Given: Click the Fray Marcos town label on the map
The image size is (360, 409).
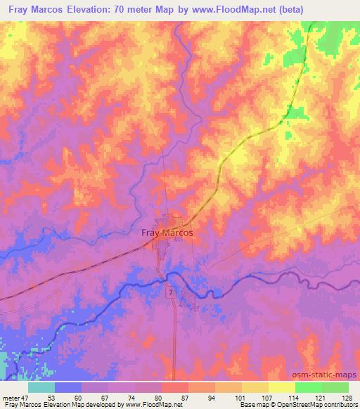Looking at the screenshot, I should [x=167, y=233].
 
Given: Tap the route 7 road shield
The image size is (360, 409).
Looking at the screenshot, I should [x=169, y=291].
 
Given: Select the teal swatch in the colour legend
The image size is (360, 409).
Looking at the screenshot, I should [x=41, y=387].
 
